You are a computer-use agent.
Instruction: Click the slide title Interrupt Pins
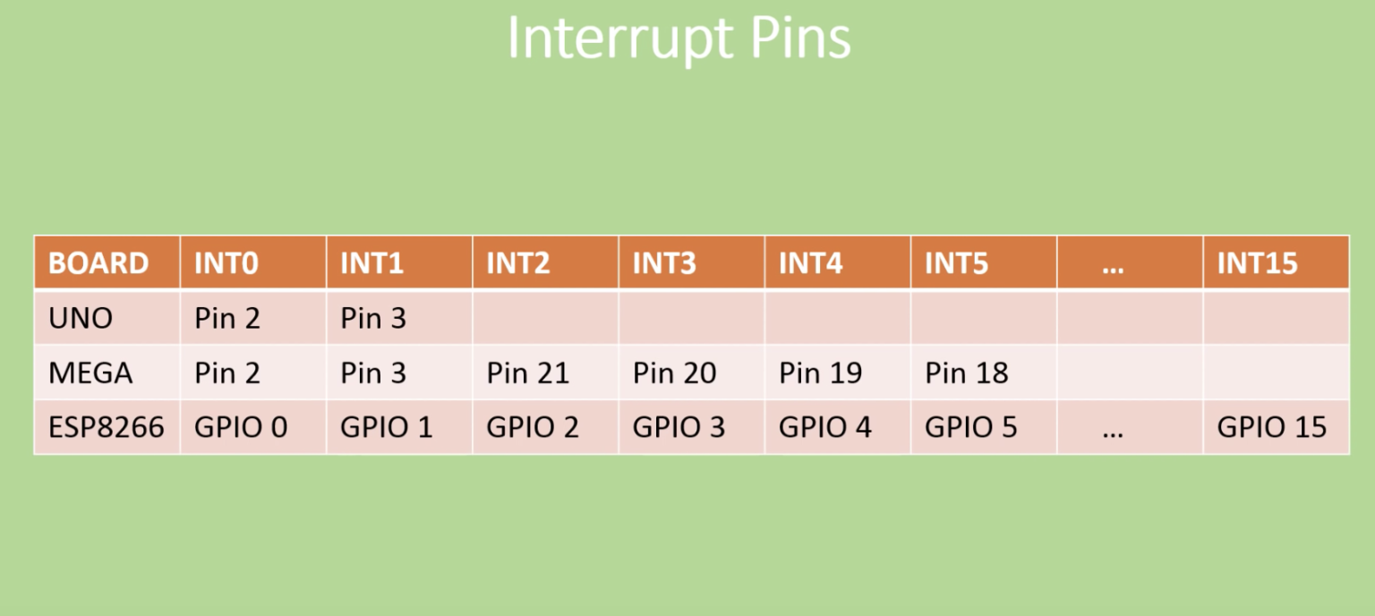679,38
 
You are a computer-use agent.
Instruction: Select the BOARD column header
98,263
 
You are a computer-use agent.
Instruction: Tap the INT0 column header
226,263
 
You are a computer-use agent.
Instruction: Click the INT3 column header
664,263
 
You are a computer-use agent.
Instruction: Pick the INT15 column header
1257,263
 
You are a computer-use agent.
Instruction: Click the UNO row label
81,318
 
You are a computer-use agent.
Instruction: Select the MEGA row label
90,372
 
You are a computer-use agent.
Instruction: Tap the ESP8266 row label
107,427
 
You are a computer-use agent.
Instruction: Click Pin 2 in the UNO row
227,318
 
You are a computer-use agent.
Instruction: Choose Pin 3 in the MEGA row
373,372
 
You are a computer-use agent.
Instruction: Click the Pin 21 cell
528,372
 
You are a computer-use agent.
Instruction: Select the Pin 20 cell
674,372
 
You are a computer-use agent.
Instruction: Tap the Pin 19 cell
820,372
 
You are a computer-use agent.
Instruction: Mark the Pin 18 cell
967,372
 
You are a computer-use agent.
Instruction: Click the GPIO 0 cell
241,427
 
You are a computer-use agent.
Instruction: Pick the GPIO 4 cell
825,427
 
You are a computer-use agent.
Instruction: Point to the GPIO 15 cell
1271,427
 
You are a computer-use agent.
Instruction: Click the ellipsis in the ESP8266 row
1113,431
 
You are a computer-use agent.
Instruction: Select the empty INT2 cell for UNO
545,318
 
